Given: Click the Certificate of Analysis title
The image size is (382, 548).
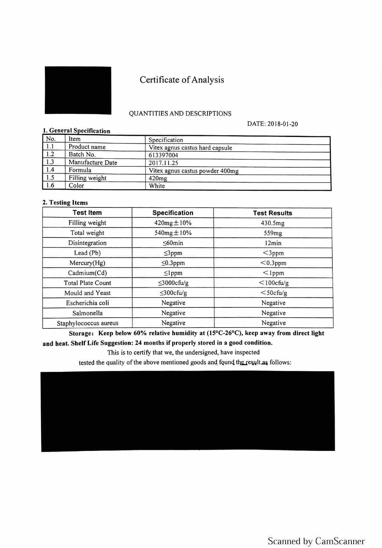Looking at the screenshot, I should [x=182, y=80].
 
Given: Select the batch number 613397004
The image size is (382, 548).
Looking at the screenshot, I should [x=163, y=155].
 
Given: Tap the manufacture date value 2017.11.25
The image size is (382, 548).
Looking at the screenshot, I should [x=163, y=163].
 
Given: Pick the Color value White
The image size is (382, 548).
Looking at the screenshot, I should [x=157, y=186].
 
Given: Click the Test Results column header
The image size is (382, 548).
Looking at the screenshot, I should [x=272, y=213].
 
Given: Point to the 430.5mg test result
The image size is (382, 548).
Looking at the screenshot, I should [x=272, y=223].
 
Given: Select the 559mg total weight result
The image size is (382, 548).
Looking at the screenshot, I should [x=273, y=233].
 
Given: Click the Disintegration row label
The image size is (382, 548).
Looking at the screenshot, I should [x=87, y=243].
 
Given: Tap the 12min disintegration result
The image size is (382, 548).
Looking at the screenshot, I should [x=273, y=243].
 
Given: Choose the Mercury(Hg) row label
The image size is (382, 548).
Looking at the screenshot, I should [x=87, y=263].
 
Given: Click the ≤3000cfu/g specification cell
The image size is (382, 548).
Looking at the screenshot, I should [x=173, y=283].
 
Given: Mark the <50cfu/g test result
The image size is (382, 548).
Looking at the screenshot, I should [x=274, y=293].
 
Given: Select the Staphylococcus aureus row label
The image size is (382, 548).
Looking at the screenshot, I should [x=88, y=323].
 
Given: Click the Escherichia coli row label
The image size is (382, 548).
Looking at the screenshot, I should [x=88, y=303].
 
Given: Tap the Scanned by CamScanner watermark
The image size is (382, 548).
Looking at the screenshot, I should [x=316, y=541].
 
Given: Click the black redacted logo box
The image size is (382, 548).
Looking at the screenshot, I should [x=78, y=90].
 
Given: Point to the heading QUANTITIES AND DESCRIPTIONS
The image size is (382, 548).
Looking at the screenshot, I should [x=180, y=114].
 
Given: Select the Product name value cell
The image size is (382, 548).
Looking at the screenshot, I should [x=190, y=148].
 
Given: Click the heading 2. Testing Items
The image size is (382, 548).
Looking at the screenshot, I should [x=65, y=203].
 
